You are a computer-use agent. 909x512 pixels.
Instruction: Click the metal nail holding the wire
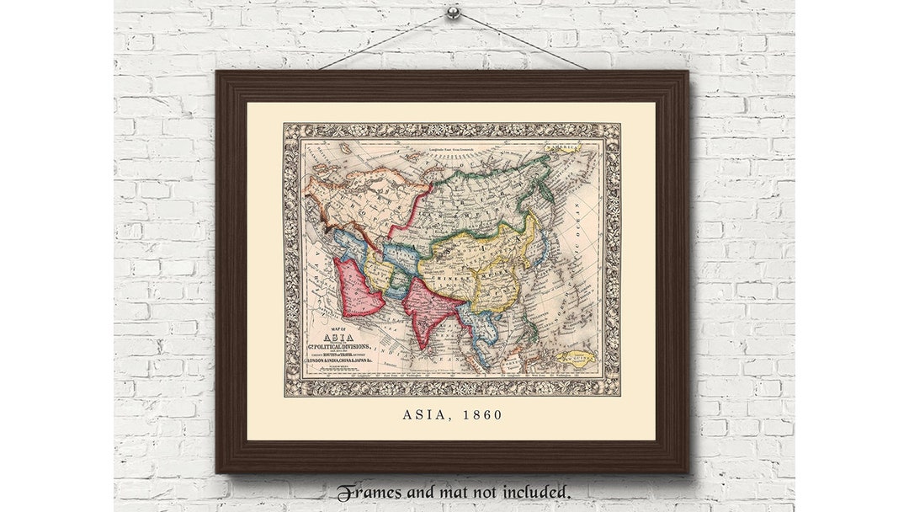point(453,13)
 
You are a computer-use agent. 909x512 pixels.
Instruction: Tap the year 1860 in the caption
point(485,415)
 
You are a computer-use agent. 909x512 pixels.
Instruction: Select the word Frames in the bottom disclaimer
point(369,492)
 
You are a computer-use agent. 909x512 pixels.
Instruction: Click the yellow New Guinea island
point(576,357)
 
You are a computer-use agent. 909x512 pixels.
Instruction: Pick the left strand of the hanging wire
point(383,41)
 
